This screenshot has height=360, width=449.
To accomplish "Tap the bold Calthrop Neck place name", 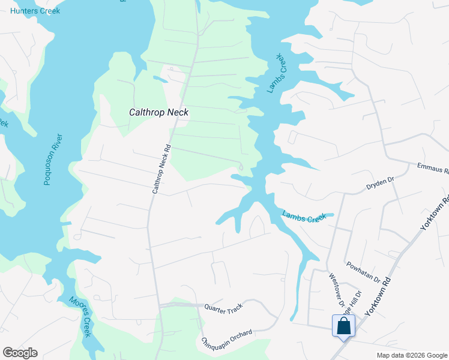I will [159, 112].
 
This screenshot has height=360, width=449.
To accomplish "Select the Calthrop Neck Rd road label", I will [161, 169].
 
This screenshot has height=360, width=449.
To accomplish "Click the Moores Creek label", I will [79, 316].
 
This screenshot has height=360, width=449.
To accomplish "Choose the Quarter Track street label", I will [223, 307].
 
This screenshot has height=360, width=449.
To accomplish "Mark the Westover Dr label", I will [336, 290].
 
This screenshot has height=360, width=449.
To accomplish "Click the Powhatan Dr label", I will [363, 272].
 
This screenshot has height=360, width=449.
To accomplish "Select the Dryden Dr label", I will [379, 184].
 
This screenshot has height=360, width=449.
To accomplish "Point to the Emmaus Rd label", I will [432, 168].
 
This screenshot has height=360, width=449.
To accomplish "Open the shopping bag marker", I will [343, 326].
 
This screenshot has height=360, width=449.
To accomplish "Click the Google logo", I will [20, 353].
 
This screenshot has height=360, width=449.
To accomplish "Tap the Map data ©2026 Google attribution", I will [411, 355].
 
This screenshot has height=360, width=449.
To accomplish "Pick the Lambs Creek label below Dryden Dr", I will [304, 217].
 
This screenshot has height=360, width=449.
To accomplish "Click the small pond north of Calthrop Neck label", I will [160, 79].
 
